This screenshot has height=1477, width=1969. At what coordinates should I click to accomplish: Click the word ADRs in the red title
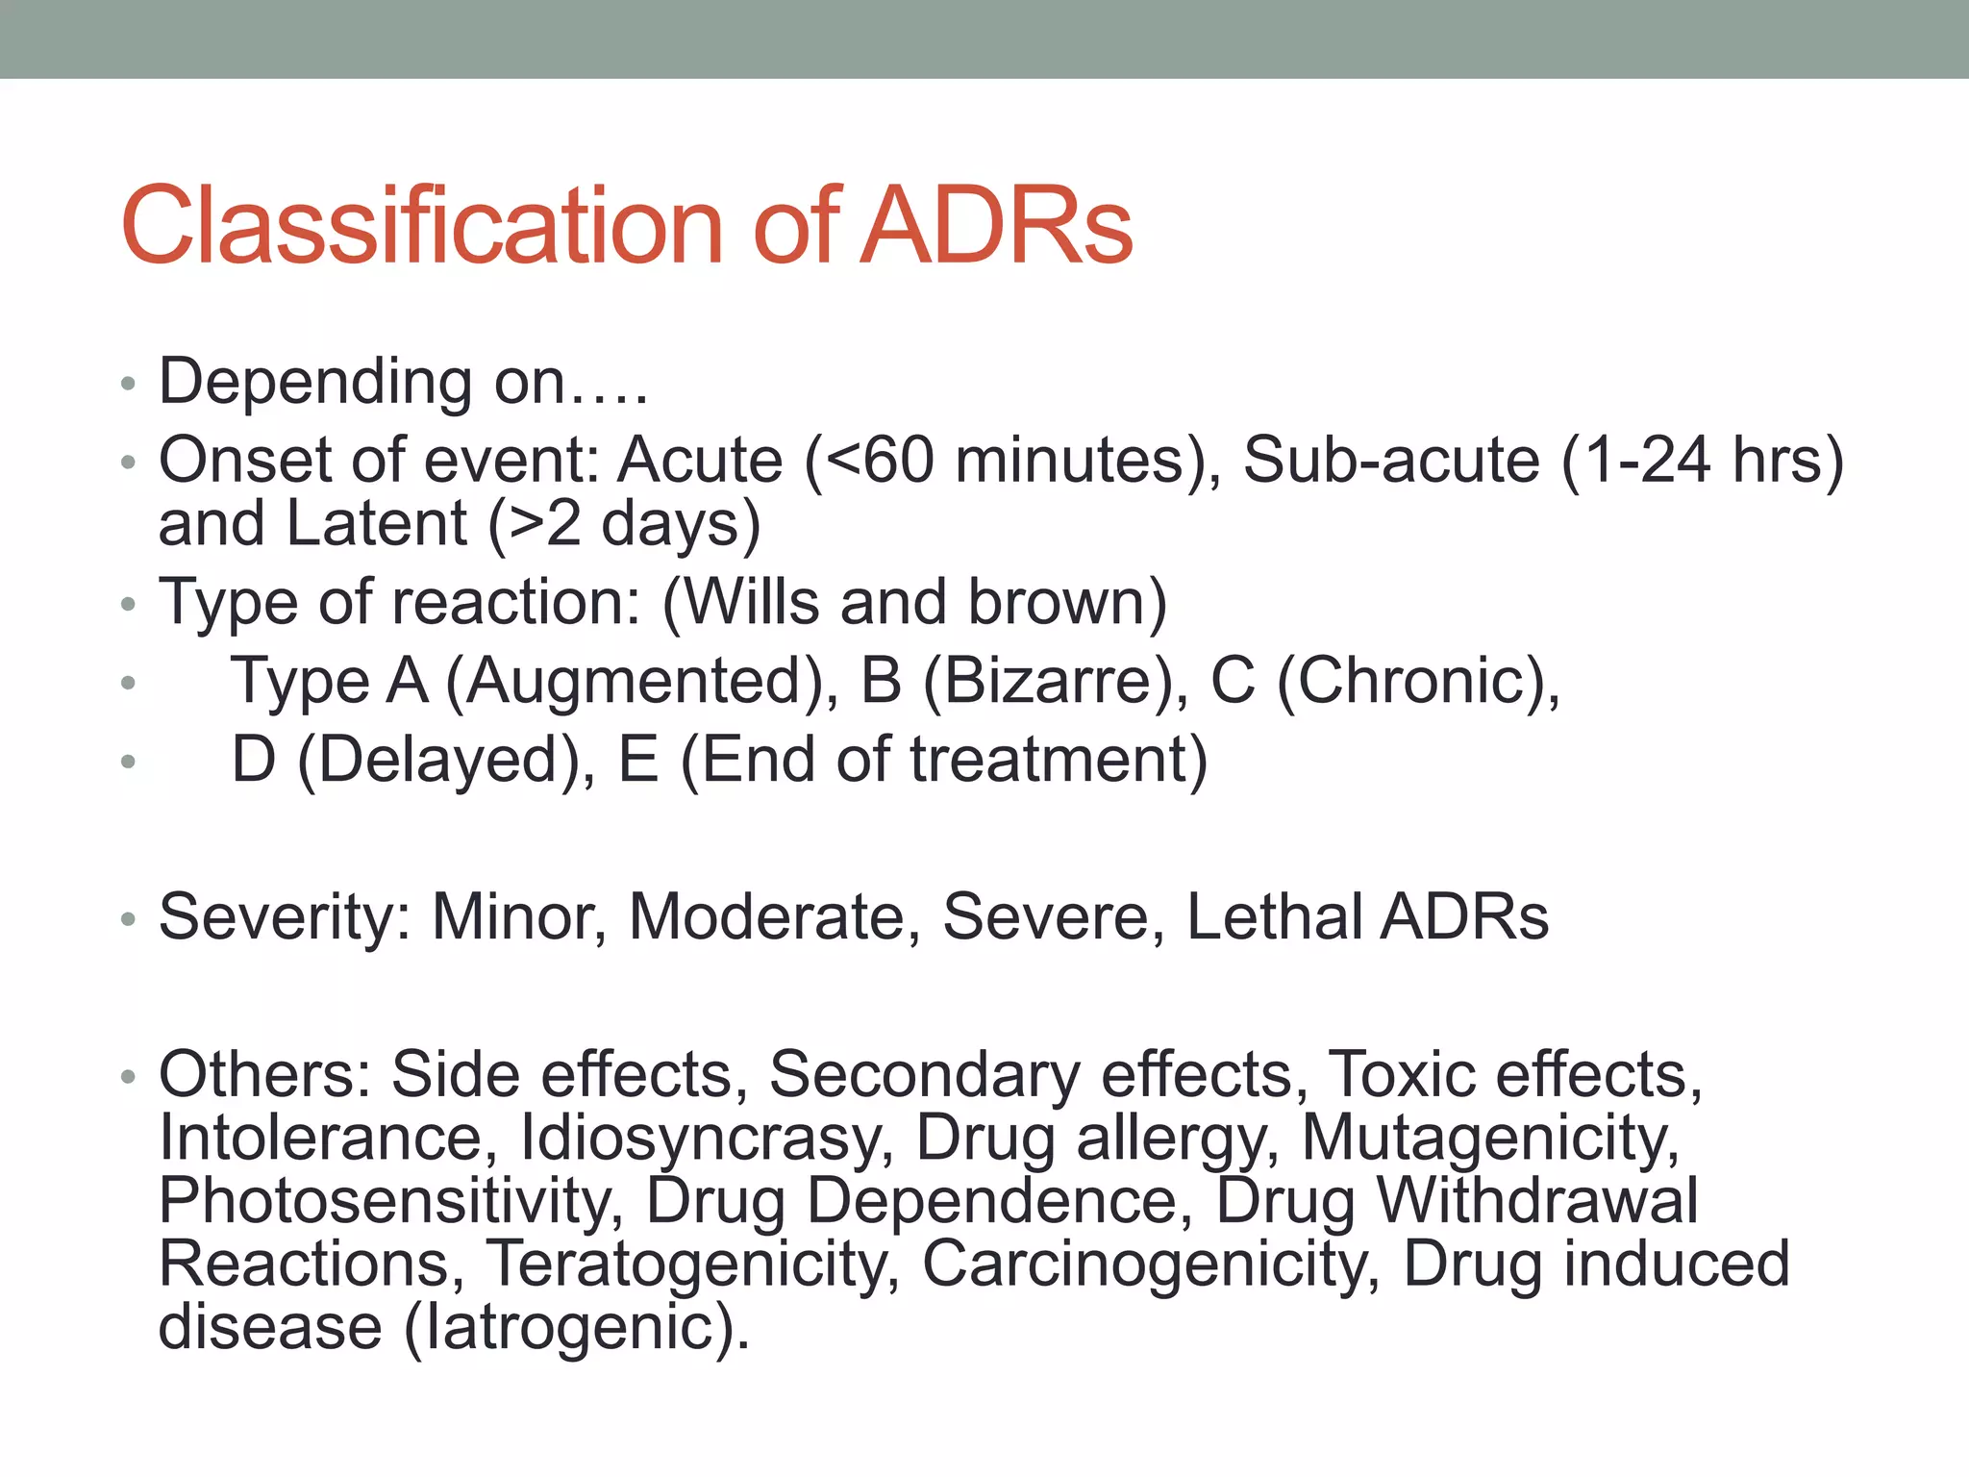coord(996,226)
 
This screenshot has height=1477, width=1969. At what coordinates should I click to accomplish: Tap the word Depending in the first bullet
coord(316,382)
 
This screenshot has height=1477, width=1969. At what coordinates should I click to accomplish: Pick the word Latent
coord(377,524)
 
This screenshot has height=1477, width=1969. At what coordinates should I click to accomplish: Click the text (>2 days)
coord(625,524)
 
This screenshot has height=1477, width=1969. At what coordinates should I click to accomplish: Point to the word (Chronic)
coord(1419,682)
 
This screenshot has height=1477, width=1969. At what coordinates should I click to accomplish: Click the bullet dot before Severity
coord(128,920)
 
